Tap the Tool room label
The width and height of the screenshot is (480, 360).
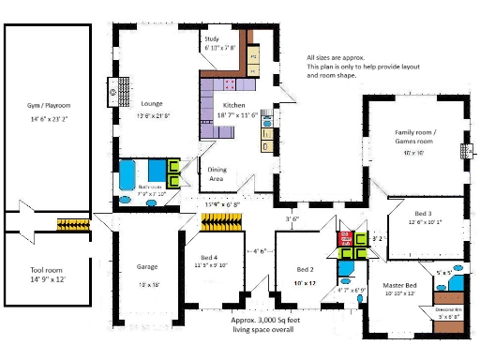coord(44,270)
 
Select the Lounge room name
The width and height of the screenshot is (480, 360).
coord(153,103)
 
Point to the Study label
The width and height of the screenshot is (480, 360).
coord(212,39)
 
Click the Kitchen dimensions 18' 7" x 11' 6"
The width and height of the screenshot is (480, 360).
coord(240,112)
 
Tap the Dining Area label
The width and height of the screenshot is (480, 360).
coord(217,172)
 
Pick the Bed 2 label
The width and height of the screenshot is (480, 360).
coord(307,268)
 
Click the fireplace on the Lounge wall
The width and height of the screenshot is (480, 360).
coord(112,92)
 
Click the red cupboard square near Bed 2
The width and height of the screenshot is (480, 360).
coord(344,236)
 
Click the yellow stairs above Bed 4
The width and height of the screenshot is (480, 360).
coord(223,222)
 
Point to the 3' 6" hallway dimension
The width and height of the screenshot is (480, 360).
coord(292,218)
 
